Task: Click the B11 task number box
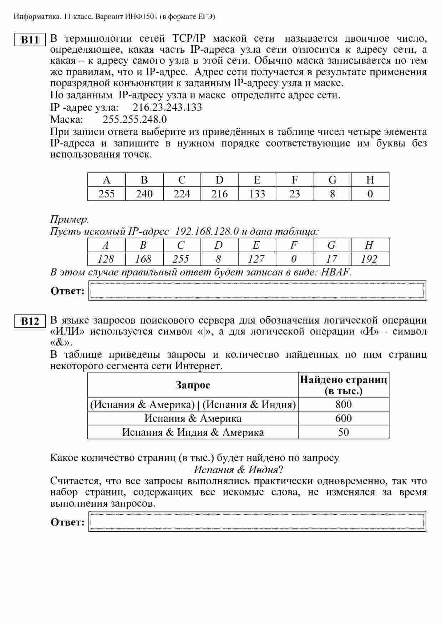click(x=30, y=40)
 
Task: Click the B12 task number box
click(x=30, y=321)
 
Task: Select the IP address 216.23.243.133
click(x=167, y=107)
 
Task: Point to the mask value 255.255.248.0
click(x=134, y=119)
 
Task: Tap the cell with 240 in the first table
click(x=144, y=194)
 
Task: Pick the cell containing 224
click(x=182, y=194)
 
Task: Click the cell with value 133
click(x=257, y=194)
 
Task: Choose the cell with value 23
click(x=295, y=194)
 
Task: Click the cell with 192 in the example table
click(x=369, y=259)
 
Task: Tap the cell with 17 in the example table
click(x=332, y=259)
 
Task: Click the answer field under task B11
click(x=257, y=290)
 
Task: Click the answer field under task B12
click(x=257, y=522)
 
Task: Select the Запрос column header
click(x=193, y=385)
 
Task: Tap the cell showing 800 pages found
click(x=343, y=404)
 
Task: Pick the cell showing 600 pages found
click(x=343, y=418)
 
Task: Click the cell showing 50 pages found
click(x=343, y=432)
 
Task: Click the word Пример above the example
click(x=69, y=219)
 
